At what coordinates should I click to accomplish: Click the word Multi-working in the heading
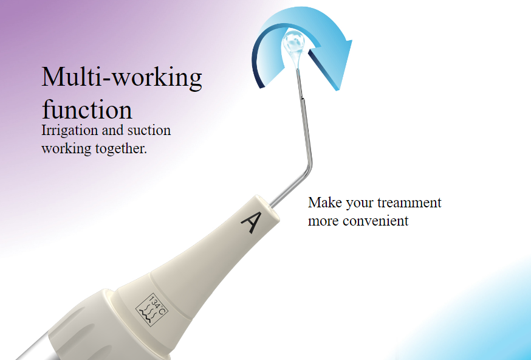pyautogui.click(x=122, y=78)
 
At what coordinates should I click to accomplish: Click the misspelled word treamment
pyautogui.click(x=409, y=202)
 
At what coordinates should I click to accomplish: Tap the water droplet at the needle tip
pyautogui.click(x=294, y=46)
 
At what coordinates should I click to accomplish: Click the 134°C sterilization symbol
pyautogui.click(x=151, y=310)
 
